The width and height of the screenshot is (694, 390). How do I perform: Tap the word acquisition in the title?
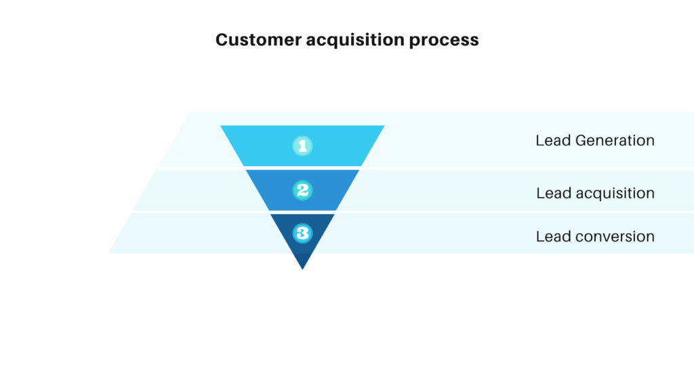pos(355,41)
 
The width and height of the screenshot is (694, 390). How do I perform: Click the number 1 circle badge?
pos(303,146)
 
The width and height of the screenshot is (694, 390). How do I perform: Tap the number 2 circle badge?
pos(303,190)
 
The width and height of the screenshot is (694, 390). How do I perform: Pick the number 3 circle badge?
pos(303,233)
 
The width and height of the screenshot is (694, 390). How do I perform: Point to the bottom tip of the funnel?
pos(303,269)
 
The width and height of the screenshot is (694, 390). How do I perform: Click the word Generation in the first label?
pos(615,141)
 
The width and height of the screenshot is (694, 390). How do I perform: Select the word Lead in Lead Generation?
pos(553,141)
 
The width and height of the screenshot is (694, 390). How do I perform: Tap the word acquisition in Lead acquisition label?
pos(615,194)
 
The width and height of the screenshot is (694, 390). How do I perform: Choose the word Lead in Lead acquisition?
pos(554,193)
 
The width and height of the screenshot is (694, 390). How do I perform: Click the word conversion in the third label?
pos(615,236)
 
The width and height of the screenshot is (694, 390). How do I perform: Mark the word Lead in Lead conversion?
pos(553,236)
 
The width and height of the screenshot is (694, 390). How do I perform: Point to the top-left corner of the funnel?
pos(221,126)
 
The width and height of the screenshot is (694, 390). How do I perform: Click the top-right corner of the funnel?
pos(384,126)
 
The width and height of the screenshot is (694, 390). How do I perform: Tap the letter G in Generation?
pos(581,141)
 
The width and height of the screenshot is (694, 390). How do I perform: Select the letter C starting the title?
pos(222,40)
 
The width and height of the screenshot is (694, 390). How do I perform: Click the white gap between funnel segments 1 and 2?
pos(303,168)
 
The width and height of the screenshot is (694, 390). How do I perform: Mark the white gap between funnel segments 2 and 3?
pos(303,212)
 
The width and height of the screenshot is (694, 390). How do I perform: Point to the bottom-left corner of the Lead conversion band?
pos(108,253)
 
